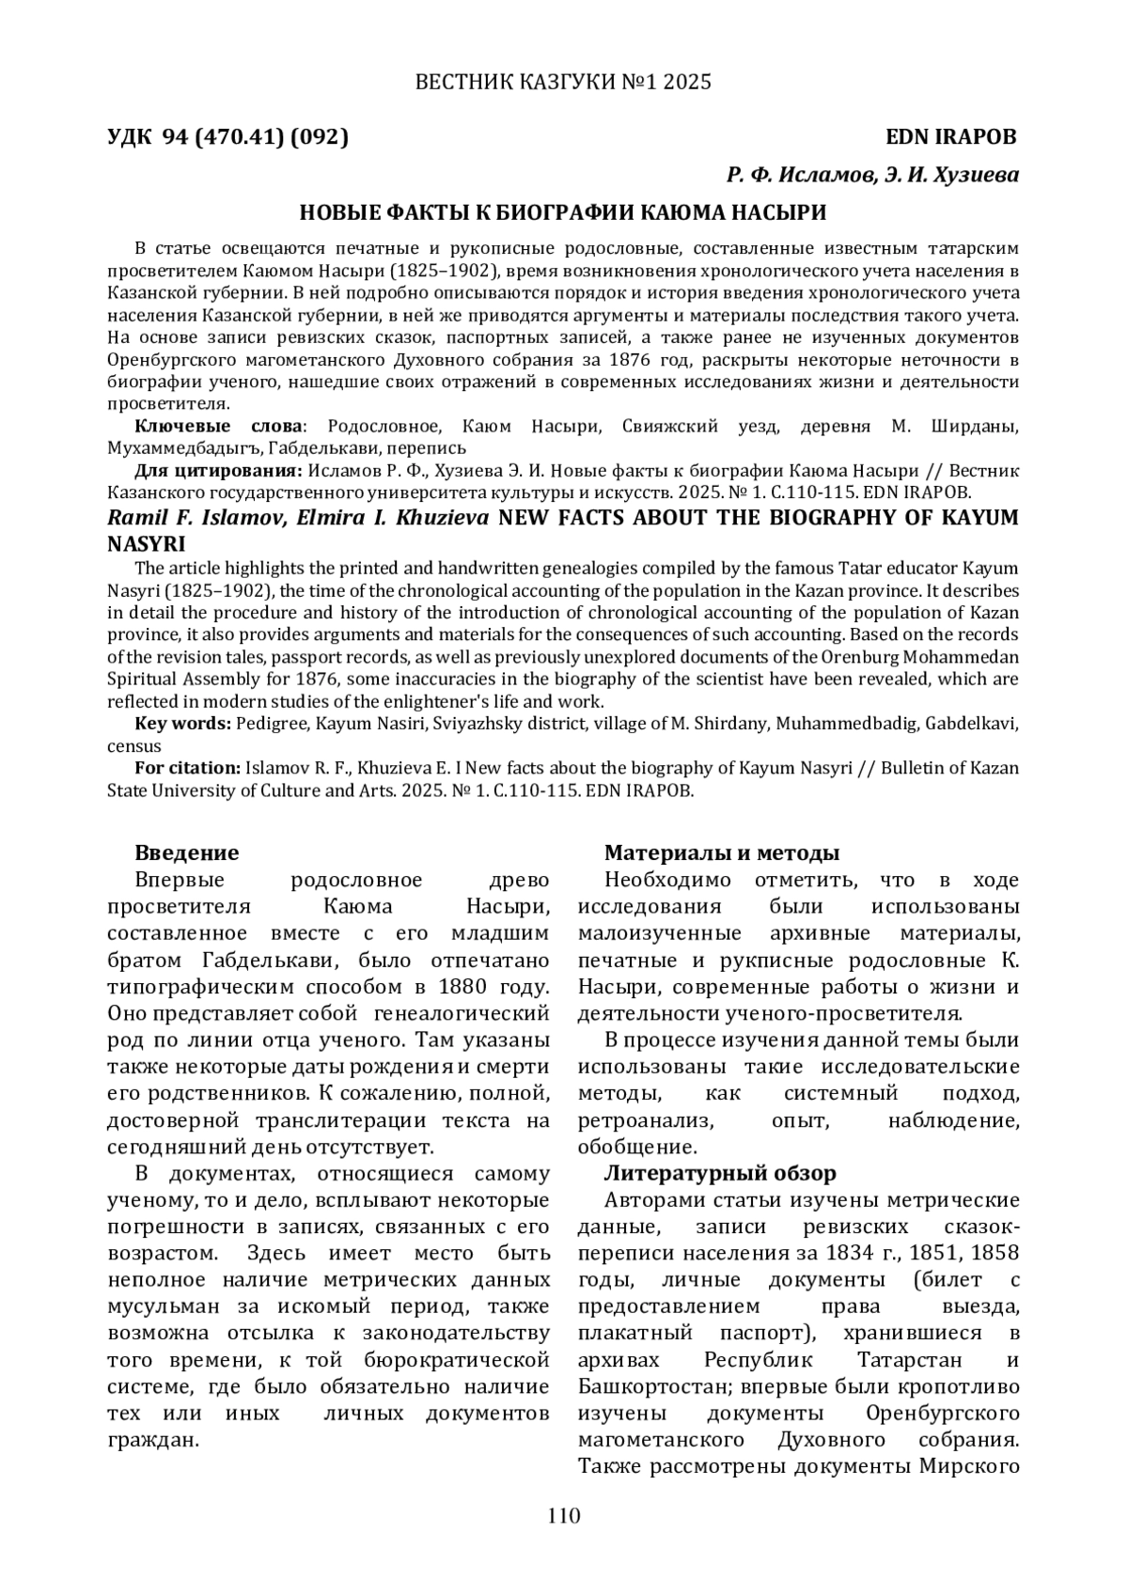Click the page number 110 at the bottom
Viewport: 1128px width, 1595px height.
(x=563, y=1515)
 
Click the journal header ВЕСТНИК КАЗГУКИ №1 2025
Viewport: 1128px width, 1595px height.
(x=563, y=83)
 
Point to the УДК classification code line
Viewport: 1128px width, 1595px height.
(x=227, y=137)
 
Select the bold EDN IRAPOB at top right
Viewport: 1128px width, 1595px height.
(x=951, y=137)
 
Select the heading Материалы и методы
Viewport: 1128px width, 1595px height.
(x=721, y=852)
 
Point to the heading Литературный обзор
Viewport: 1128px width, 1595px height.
(x=719, y=1173)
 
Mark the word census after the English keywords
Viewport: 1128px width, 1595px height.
(x=133, y=746)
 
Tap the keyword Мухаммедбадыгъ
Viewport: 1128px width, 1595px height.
(x=183, y=448)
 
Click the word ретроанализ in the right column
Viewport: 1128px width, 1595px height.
(x=646, y=1120)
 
